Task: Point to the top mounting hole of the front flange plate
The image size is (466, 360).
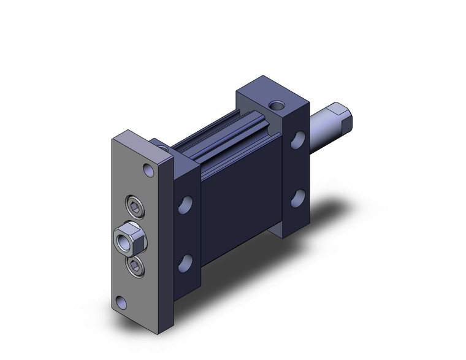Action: coord(148,169)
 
